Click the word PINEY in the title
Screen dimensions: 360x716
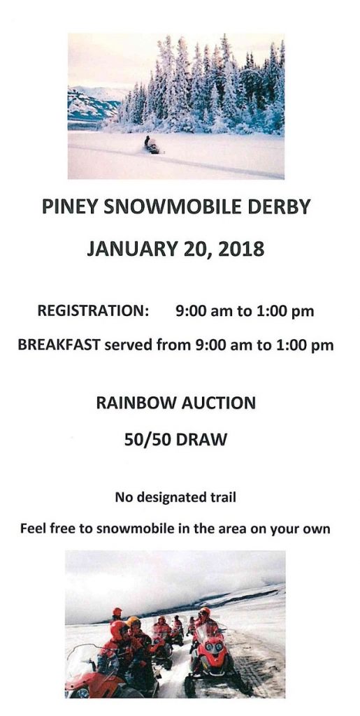click(69, 207)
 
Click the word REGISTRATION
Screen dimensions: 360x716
click(93, 311)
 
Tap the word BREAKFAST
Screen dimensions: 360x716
click(59, 345)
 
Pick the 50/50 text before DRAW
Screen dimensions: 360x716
click(147, 440)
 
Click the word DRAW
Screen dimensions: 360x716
click(201, 440)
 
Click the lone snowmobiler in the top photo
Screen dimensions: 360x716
click(152, 145)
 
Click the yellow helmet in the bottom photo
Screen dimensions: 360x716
click(134, 622)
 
